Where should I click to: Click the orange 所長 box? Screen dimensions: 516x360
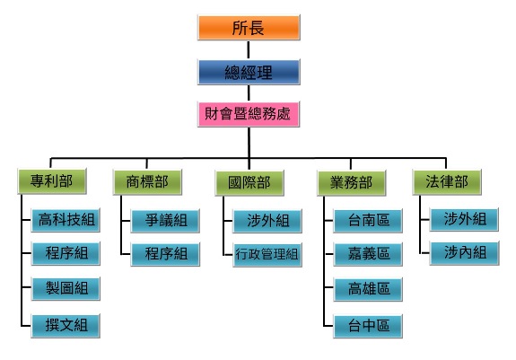(x=249, y=28)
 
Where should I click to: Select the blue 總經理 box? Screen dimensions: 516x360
(x=249, y=72)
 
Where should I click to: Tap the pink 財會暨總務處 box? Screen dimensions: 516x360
(x=249, y=114)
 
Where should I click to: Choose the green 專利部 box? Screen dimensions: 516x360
(x=52, y=181)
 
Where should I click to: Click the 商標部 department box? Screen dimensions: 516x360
(x=147, y=182)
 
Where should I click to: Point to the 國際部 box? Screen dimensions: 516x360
(x=249, y=183)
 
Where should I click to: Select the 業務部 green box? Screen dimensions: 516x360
(x=352, y=183)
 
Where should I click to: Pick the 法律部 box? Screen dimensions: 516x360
(x=447, y=182)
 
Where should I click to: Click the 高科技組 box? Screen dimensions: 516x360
(x=66, y=220)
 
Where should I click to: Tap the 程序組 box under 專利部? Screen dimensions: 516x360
(x=66, y=253)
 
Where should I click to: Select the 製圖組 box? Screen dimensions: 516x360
(x=66, y=288)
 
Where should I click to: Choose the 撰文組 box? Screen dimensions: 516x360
(x=66, y=326)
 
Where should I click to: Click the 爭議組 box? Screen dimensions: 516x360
(x=165, y=221)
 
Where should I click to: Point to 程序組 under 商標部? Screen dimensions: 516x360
(x=165, y=254)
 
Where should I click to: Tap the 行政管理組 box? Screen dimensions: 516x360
(x=267, y=255)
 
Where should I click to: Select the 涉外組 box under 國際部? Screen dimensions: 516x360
(x=267, y=221)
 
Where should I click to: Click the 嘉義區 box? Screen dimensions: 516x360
(x=368, y=254)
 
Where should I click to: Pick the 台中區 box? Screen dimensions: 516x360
(x=368, y=326)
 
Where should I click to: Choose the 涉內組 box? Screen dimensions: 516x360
(x=464, y=253)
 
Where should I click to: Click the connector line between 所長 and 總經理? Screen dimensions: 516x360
(x=249, y=50)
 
